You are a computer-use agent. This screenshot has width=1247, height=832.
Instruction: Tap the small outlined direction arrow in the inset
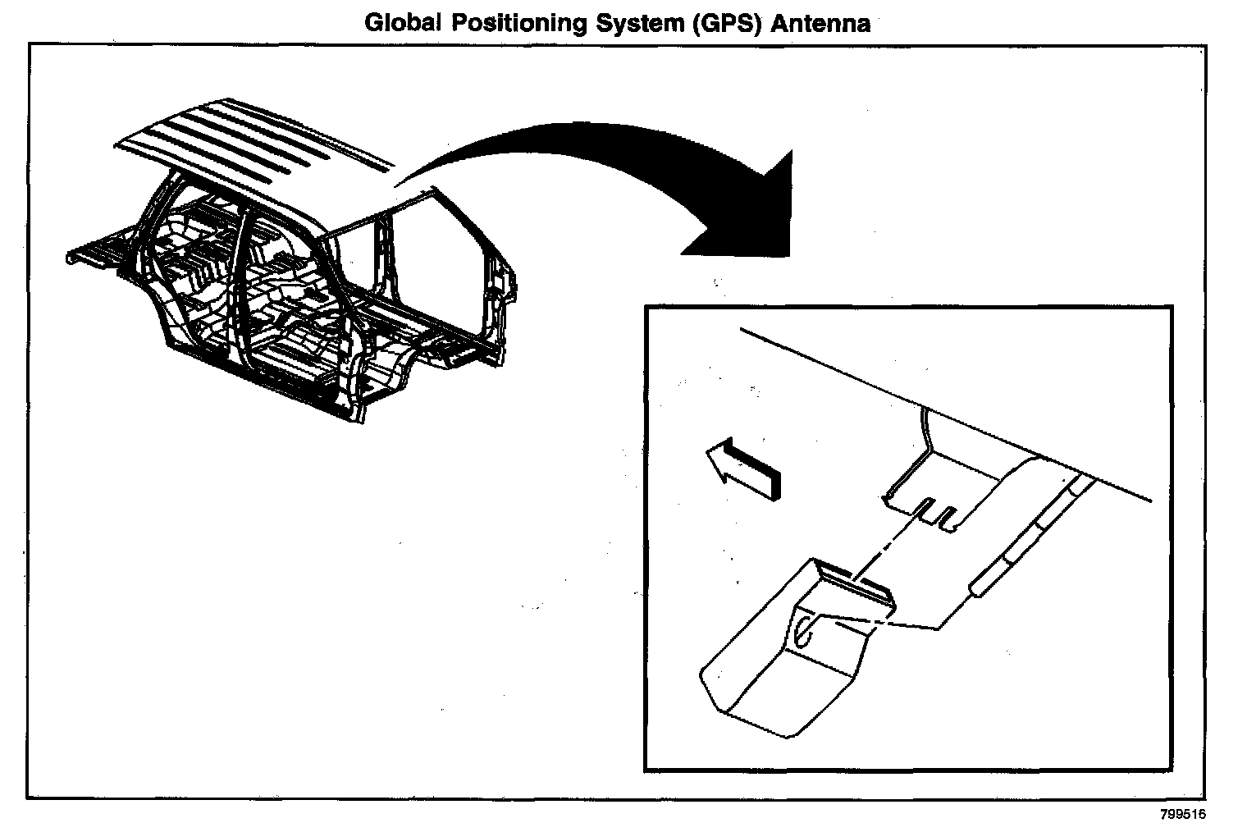point(742,468)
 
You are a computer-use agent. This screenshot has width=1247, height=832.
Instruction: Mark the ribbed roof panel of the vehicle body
point(254,139)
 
